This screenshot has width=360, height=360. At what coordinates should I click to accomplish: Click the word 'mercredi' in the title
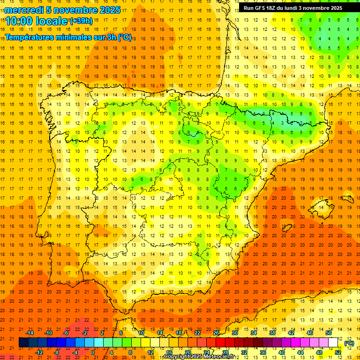pyautogui.click(x=23, y=10)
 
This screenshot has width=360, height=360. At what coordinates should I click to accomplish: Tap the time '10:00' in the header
pyautogui.click(x=19, y=21)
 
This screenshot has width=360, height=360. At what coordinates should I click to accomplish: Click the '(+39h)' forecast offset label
pyautogui.click(x=81, y=21)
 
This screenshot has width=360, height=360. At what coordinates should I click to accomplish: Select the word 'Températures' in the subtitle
pyautogui.click(x=30, y=37)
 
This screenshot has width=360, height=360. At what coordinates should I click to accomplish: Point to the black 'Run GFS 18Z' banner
pyautogui.click(x=293, y=8)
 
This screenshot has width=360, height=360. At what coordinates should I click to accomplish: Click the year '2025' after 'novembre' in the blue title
pyautogui.click(x=109, y=10)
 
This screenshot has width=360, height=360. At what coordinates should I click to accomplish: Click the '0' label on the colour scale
pyautogui.click(x=93, y=352)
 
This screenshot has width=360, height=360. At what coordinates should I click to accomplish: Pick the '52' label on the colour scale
pyautogui.click(x=338, y=352)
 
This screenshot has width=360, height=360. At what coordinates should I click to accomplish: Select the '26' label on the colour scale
pyautogui.click(x=216, y=333)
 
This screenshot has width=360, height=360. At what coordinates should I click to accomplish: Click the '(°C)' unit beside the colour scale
pyautogui.click(x=349, y=343)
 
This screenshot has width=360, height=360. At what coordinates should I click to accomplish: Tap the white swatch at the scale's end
pyautogui.click(x=333, y=343)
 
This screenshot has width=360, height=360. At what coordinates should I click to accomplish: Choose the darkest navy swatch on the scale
pyautogui.click(x=23, y=343)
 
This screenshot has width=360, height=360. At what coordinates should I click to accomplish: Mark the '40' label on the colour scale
pyautogui.click(x=282, y=352)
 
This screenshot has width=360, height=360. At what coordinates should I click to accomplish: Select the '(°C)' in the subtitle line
pyautogui.click(x=124, y=37)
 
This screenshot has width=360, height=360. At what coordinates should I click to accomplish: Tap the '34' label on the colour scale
pyautogui.click(x=254, y=333)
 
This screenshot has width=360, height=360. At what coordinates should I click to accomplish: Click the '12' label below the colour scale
pyautogui.click(x=150, y=352)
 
